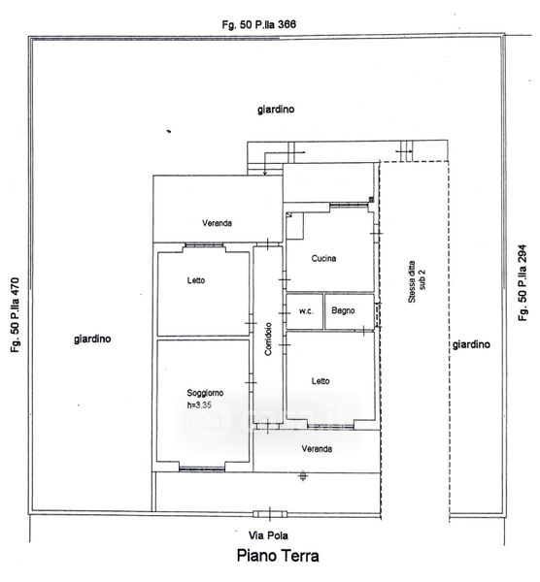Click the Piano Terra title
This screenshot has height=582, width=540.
pyautogui.click(x=278, y=556)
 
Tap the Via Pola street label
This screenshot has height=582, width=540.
pyautogui.click(x=268, y=535)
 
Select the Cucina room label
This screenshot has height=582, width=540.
pyautogui.click(x=323, y=258)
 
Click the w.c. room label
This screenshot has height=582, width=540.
pyautogui.click(x=306, y=311)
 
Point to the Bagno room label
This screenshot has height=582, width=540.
pyautogui.click(x=343, y=310)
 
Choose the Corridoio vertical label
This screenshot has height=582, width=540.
pyautogui.click(x=268, y=339)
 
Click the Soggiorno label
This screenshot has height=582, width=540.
pyautogui.click(x=205, y=393)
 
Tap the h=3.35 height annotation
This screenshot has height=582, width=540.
pyautogui.click(x=199, y=404)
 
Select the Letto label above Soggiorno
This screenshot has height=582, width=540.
pyautogui.click(x=196, y=280)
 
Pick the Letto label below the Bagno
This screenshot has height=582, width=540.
pyautogui.click(x=321, y=381)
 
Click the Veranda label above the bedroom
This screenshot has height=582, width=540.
pyautogui.click(x=217, y=223)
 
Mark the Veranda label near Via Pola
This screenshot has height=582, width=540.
pyautogui.click(x=317, y=449)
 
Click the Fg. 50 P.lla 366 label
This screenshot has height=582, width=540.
pyautogui.click(x=259, y=24)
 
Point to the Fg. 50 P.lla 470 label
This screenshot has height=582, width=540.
pyautogui.click(x=15, y=315)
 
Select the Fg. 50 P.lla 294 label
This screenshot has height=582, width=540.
pyautogui.click(x=523, y=282)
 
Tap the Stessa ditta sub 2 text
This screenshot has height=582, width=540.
pyautogui.click(x=417, y=281)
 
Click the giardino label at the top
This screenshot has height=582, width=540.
pyautogui.click(x=276, y=109)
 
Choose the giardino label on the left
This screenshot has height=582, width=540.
pyautogui.click(x=92, y=339)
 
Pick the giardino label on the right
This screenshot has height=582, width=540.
pyautogui.click(x=471, y=344)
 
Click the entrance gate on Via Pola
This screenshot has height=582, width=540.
pyautogui.click(x=270, y=514)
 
